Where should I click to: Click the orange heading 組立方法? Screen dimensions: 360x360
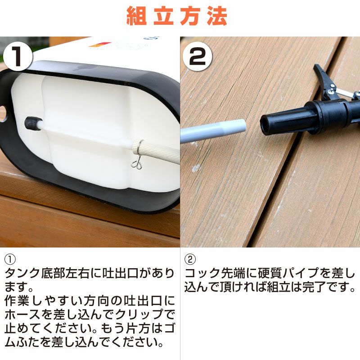point(177,16)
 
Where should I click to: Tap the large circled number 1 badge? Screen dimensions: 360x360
point(18,56)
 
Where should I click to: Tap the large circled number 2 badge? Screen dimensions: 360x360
point(198,56)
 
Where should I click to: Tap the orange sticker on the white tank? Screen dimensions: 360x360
point(100,45)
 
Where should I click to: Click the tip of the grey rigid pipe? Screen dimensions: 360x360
point(244,126)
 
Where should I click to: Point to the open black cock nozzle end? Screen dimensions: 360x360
point(266,125)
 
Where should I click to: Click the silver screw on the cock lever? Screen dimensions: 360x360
point(332,91)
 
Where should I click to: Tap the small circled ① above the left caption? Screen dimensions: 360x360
point(10,260)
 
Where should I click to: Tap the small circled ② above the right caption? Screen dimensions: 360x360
point(190,260)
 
